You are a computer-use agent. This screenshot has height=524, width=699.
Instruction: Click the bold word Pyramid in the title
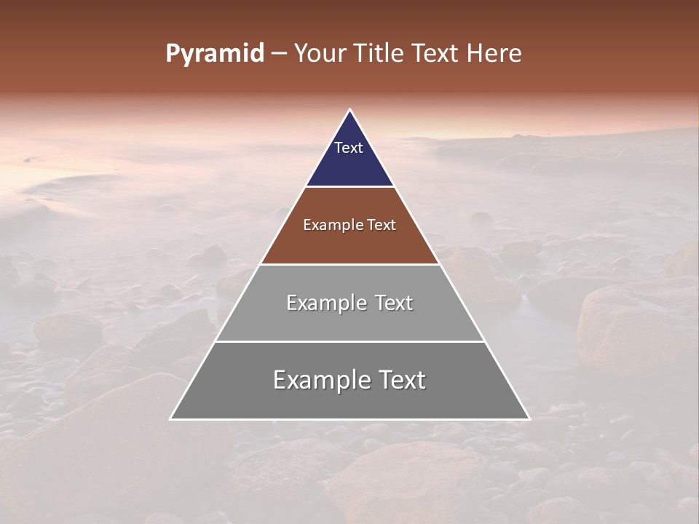pyautogui.click(x=214, y=54)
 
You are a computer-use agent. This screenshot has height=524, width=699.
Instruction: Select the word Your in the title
pyautogui.click(x=320, y=54)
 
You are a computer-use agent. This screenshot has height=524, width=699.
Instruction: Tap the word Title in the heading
pyautogui.click(x=380, y=54)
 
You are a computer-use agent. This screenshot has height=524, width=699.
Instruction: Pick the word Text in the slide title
pyautogui.click(x=436, y=54)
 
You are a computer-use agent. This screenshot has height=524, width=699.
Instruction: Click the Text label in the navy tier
pyautogui.click(x=349, y=148)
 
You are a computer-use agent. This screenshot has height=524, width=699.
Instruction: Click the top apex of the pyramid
pyautogui.click(x=350, y=110)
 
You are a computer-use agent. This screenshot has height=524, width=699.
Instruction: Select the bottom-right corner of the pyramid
pyautogui.click(x=529, y=418)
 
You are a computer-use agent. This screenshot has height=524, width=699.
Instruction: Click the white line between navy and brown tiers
pyautogui.click(x=350, y=186)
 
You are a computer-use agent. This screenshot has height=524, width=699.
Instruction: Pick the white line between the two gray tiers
pyautogui.click(x=350, y=341)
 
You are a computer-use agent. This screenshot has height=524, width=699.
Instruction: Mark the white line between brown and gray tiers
pyautogui.click(x=350, y=264)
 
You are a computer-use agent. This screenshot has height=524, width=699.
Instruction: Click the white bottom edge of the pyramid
pyautogui.click(x=350, y=419)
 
